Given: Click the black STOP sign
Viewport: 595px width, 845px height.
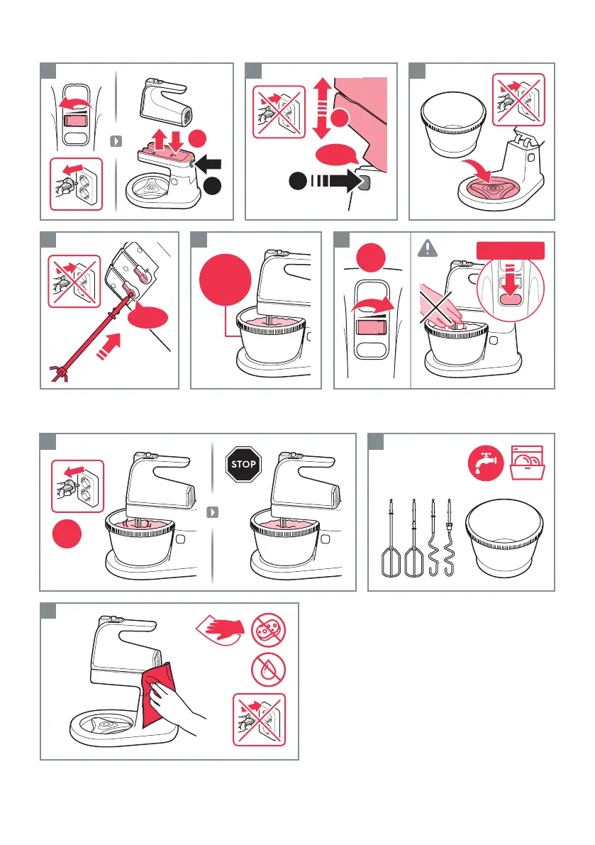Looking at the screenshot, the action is [243, 464].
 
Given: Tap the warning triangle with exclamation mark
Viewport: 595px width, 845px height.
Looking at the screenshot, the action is [428, 248].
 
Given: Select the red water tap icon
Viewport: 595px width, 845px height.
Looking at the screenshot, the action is [486, 463].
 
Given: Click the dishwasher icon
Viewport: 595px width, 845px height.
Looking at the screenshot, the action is [527, 463].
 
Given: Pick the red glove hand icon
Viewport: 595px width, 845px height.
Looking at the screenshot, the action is [221, 629].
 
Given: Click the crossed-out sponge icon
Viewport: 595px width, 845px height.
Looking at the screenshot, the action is [268, 629].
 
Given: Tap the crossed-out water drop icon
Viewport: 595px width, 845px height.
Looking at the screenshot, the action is [268, 670].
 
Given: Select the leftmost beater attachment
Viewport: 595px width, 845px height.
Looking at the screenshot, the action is [390, 539].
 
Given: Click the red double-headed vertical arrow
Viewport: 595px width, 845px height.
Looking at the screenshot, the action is [322, 109].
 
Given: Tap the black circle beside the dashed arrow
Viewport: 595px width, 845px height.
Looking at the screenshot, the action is [298, 180].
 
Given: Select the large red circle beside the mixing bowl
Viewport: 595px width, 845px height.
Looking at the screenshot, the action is [225, 280].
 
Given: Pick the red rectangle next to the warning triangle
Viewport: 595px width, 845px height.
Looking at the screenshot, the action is [511, 250].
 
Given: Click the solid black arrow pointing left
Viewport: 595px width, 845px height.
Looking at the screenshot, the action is [208, 162].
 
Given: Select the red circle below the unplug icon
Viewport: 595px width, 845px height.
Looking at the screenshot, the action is [67, 534].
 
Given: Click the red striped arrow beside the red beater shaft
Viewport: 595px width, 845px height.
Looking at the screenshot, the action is [109, 346].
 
